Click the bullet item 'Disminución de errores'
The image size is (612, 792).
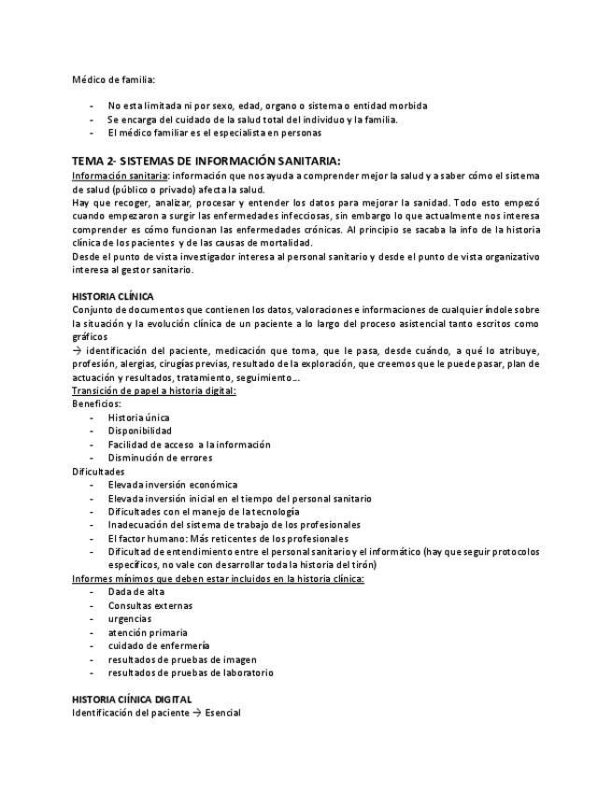160,458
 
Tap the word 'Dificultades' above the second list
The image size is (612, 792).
98,472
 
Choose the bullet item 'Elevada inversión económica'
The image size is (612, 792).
173,485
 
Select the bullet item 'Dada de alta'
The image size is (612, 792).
135,592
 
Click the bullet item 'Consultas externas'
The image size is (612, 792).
149,605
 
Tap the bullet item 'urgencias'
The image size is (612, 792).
130,618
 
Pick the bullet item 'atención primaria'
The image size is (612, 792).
148,632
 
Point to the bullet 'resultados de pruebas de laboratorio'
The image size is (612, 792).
191,672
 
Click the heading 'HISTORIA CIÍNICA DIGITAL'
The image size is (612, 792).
132,699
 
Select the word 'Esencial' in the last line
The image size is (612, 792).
222,713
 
